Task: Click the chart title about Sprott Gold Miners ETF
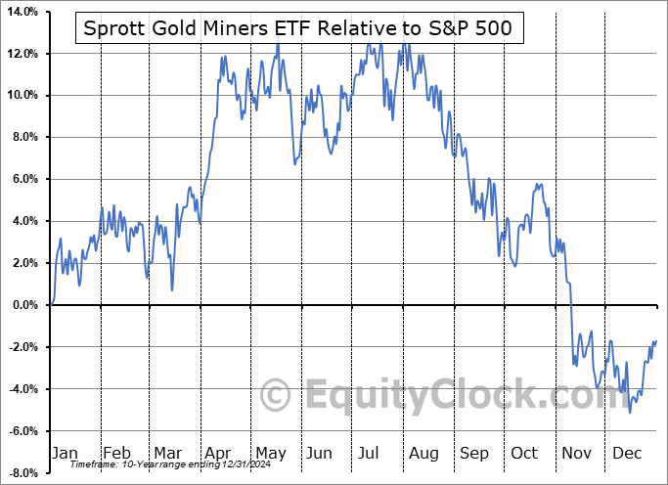[x=297, y=27]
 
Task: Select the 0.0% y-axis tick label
[x=24, y=305]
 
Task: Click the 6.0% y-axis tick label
[x=24, y=179]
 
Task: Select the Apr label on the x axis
[x=216, y=453]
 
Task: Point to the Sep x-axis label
[x=474, y=453]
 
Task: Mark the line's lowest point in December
[x=629, y=411]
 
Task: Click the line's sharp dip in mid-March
[x=172, y=289]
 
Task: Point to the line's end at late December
[x=655, y=340]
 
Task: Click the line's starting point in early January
[x=52, y=304]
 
